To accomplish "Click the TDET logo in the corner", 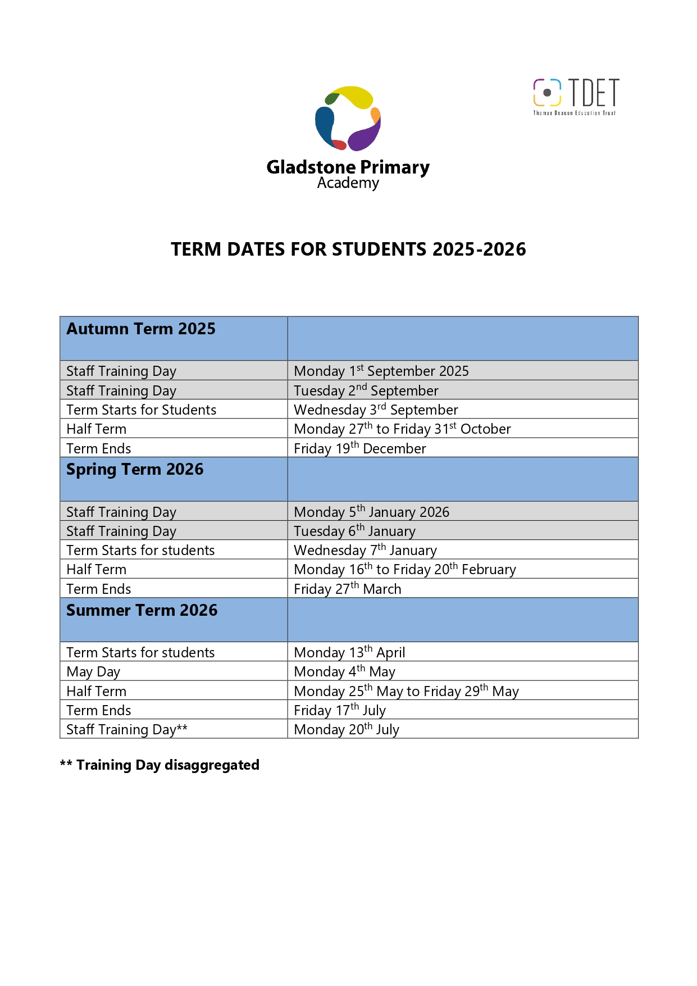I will (x=576, y=97).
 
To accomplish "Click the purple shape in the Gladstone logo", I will (x=365, y=135).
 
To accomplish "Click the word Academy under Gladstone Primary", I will (x=348, y=183).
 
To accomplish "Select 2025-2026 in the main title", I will (x=479, y=249).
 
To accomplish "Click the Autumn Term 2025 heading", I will (x=141, y=329).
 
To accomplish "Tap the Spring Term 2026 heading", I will (x=135, y=470).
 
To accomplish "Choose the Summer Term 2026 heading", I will (x=142, y=611).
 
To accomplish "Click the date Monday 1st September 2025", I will (x=381, y=371).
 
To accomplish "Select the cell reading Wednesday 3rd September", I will (x=376, y=410).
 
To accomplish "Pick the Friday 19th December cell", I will (x=359, y=448).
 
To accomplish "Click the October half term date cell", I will (x=402, y=429).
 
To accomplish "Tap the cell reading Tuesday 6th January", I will (x=354, y=531).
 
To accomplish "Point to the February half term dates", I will (x=404, y=569).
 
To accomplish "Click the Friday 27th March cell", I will (x=347, y=589).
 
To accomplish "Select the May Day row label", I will (x=93, y=672).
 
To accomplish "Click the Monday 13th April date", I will (x=349, y=652).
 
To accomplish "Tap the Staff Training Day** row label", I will (x=126, y=729).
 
